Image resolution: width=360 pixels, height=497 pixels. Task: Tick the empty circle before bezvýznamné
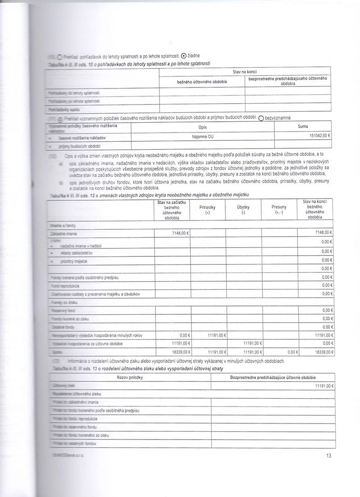[x=261, y=118]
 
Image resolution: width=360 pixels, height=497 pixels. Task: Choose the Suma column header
[x=303, y=126]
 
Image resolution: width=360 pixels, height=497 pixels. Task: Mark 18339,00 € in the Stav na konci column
[x=319, y=351]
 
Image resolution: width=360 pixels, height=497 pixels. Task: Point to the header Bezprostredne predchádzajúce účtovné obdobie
[x=271, y=378]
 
